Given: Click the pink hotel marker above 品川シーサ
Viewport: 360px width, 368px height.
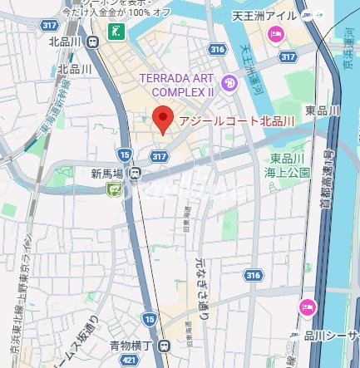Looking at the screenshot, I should pyautogui.click(x=307, y=307).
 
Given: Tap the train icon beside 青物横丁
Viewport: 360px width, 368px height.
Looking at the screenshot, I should pyautogui.click(x=165, y=346).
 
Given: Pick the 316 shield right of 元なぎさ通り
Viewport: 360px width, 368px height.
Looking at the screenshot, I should pyautogui.click(x=254, y=275).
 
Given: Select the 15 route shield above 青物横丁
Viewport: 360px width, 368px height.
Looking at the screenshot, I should pyautogui.click(x=149, y=317).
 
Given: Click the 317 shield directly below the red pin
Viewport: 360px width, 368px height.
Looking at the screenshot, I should pyautogui.click(x=160, y=155).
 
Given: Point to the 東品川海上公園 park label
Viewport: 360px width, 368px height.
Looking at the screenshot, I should pyautogui.click(x=290, y=165).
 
